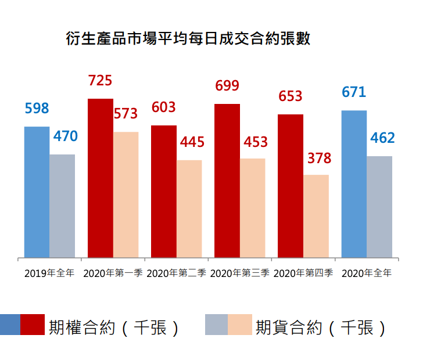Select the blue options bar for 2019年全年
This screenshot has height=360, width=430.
(37, 192)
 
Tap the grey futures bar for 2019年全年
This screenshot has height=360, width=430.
(62, 206)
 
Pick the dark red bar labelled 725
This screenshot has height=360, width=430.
(101, 178)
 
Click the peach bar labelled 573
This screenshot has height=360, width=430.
(126, 195)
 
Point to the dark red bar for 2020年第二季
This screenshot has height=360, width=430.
(164, 191)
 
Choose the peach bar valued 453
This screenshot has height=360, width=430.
(253, 208)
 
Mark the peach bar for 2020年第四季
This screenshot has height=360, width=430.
(316, 216)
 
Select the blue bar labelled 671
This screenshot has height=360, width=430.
(354, 183)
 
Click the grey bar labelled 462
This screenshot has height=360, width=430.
(379, 207)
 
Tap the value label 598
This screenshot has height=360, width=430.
(37, 109)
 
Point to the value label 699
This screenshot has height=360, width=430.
(227, 87)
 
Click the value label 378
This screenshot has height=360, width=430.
(319, 158)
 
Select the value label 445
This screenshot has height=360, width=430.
(192, 142)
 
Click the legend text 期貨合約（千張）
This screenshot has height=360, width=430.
(321, 327)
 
